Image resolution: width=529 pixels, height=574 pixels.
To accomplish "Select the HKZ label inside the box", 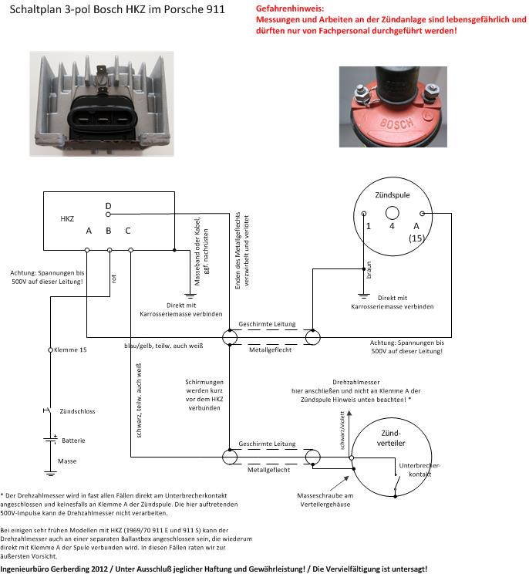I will tap(68, 219).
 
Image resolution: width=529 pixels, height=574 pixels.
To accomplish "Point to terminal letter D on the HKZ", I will tap(108, 205).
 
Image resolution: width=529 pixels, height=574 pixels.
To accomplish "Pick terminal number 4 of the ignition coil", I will tap(392, 226).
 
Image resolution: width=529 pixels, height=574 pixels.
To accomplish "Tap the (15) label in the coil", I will tap(417, 238).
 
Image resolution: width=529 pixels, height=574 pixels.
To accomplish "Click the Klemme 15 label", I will tap(71, 349).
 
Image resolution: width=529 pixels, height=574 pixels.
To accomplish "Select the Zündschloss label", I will tap(78, 411).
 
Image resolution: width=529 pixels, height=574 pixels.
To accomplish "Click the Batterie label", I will tap(73, 440).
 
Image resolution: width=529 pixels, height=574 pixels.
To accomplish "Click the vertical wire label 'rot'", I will tap(115, 281).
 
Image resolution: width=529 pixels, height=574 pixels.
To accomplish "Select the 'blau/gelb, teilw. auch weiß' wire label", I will tap(163, 346).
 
